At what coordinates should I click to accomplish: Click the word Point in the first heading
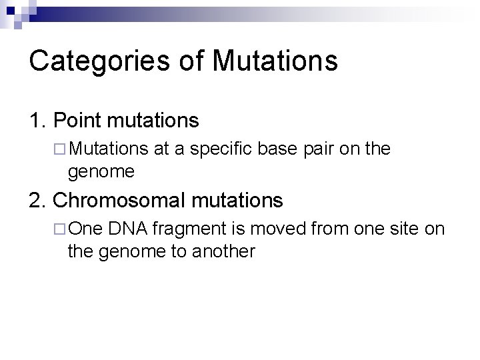coord(75,121)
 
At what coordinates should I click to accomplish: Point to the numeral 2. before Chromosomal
coord(37,199)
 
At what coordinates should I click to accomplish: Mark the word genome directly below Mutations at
coord(101,173)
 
